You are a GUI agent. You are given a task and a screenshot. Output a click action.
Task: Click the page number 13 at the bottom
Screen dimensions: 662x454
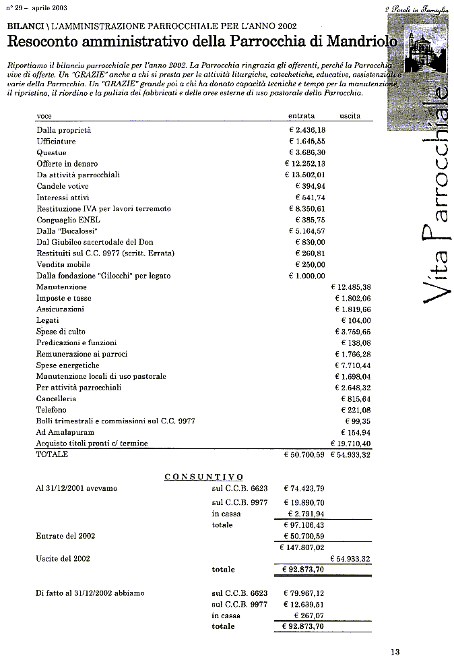(395, 651)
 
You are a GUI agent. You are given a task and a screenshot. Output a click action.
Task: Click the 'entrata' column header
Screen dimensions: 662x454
(301, 116)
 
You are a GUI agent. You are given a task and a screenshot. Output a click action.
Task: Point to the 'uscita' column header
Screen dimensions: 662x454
(350, 116)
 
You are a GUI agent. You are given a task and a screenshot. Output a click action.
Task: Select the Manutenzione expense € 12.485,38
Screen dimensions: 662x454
(352, 287)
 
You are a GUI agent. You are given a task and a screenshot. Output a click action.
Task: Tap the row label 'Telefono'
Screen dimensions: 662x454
(51, 410)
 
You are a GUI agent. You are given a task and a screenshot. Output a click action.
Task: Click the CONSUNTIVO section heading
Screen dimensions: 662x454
(204, 477)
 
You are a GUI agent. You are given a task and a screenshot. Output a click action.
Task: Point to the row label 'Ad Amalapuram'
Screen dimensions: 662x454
(65, 432)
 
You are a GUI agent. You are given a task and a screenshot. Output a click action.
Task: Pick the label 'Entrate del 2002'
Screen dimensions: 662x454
(65, 536)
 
